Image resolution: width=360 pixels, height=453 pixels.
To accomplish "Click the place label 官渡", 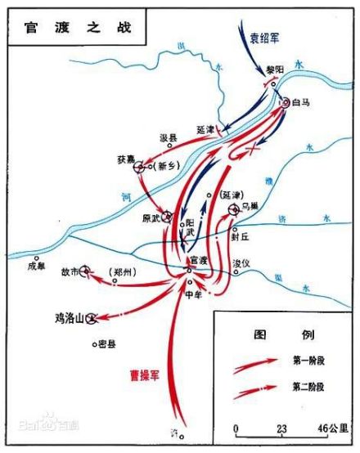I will pos(199,260).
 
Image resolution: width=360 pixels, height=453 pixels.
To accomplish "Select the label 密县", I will pos(105,344).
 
